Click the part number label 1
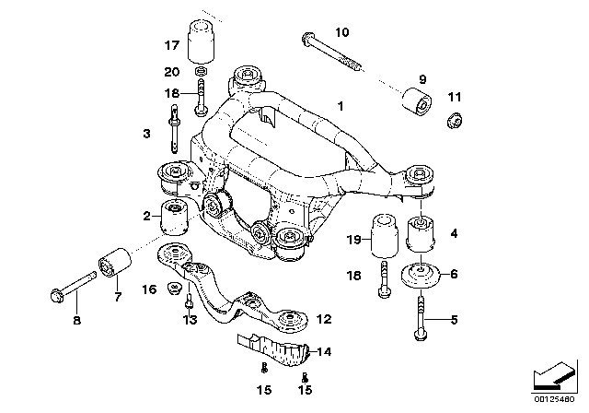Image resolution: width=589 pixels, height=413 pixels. [x=341, y=108]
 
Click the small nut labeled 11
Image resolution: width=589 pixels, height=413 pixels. [x=452, y=120]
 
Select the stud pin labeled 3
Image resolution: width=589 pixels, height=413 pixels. [x=173, y=128]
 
